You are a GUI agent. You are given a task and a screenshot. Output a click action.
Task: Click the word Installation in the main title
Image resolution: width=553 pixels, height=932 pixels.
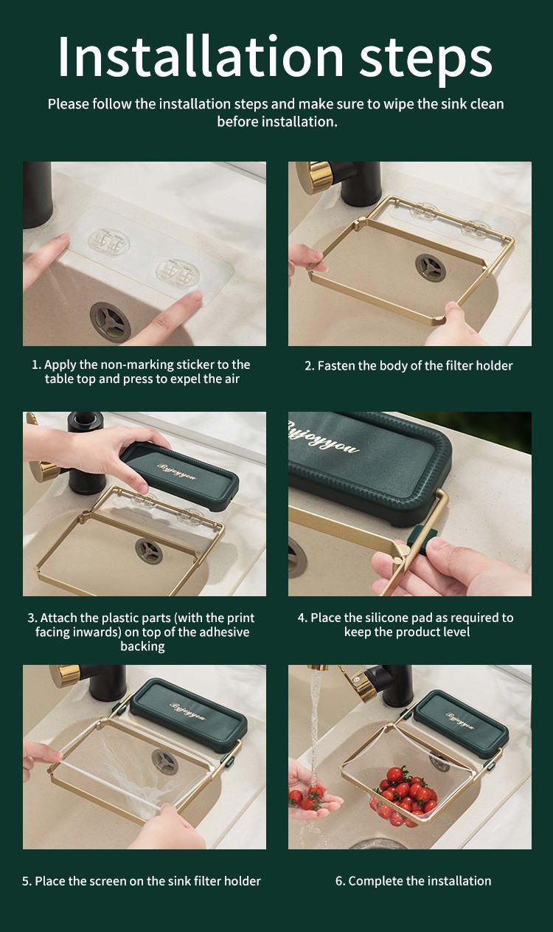click(201, 57)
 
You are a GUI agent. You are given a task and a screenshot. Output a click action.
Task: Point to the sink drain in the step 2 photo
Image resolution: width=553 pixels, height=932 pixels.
click(431, 268)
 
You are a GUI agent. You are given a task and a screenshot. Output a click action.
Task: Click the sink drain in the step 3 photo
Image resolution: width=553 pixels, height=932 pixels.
click(148, 551)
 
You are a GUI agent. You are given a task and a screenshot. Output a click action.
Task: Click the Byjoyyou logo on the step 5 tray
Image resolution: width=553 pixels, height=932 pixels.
click(187, 711)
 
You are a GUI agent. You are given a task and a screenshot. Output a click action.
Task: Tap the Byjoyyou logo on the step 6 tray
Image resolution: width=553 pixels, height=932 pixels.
click(460, 721)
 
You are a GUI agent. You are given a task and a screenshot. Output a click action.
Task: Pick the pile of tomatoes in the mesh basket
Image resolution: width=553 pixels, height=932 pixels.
click(403, 795)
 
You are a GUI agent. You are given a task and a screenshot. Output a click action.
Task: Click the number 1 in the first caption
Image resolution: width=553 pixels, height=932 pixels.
click(35, 365)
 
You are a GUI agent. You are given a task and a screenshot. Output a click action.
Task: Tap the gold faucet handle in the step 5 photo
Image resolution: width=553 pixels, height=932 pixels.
click(66, 674)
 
